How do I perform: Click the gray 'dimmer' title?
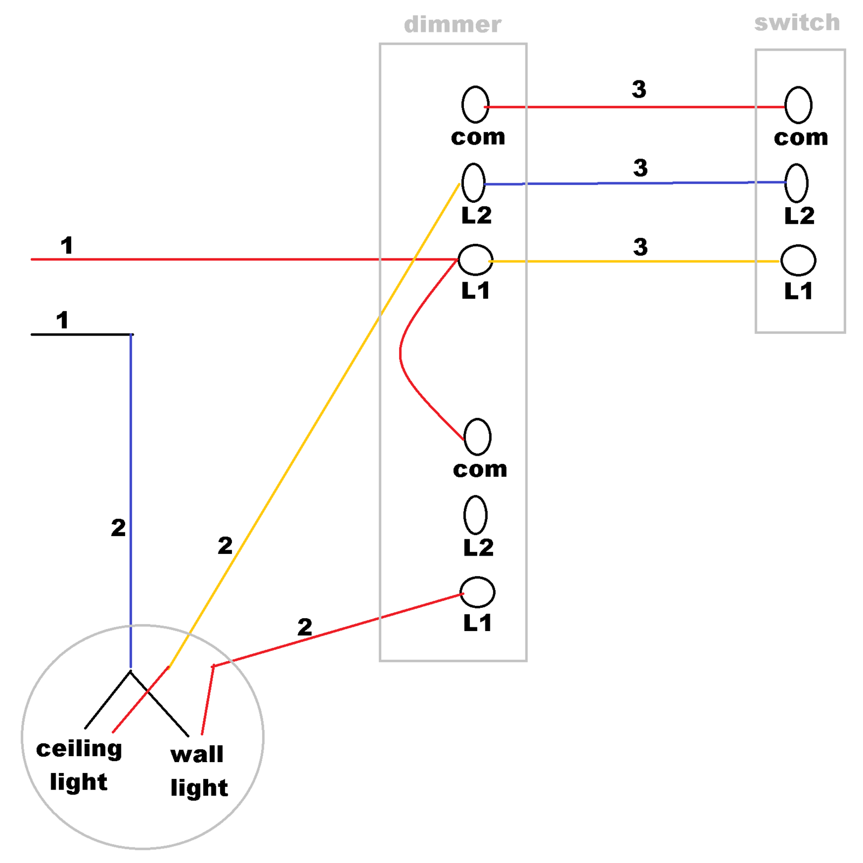[453, 25]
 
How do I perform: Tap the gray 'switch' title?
[797, 23]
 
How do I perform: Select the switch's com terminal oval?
[798, 105]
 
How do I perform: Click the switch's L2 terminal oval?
[797, 183]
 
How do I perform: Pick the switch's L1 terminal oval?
[798, 261]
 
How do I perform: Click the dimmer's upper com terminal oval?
[475, 104]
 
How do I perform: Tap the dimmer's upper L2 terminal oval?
[474, 183]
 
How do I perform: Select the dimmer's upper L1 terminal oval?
[475, 259]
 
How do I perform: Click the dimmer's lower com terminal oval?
[477, 437]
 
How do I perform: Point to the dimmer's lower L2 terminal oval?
[475, 515]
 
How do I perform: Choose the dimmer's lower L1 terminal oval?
[477, 592]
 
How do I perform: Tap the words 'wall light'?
[199, 771]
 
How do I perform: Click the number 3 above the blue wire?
[640, 168]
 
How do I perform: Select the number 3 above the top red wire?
[639, 90]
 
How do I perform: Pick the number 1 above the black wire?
[63, 320]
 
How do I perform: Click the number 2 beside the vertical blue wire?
[118, 528]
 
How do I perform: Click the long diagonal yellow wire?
[314, 426]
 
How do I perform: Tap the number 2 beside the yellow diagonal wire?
[225, 546]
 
